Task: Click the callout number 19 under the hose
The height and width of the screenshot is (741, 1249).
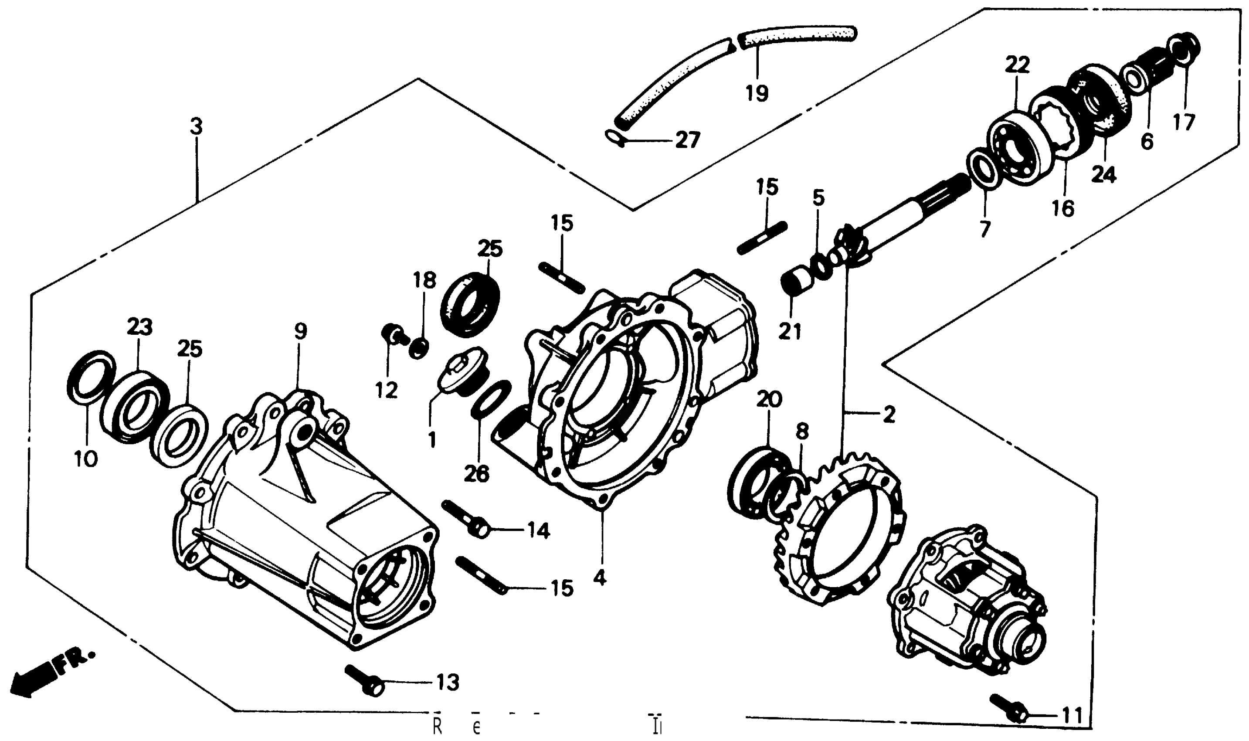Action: point(757,93)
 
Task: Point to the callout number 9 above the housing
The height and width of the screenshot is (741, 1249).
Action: point(300,331)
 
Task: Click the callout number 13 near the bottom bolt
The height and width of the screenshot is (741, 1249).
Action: point(447,682)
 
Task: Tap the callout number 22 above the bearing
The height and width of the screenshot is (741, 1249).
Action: point(1017,65)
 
